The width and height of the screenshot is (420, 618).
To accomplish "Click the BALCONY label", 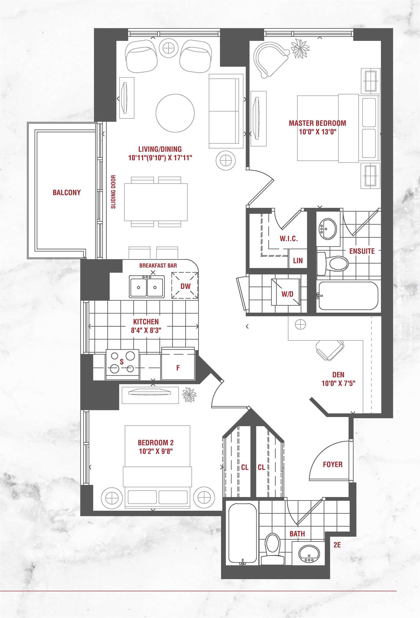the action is click(67, 192).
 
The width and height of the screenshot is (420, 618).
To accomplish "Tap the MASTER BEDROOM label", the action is click(317, 123).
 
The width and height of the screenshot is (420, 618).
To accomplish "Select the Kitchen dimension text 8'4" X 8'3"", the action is click(146, 330).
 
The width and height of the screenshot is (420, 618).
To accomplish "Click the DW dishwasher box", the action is click(185, 286).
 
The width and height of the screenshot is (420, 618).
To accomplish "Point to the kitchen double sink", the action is click(147, 286).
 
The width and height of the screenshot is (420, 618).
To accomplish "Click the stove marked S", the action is click(123, 365).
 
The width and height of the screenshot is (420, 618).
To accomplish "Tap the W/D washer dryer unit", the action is click(286, 292).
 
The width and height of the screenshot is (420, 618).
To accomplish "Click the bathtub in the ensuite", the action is click(348, 296).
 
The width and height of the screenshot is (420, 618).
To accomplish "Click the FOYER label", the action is click(333, 464).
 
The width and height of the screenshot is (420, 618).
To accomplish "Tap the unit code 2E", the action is click(337, 545).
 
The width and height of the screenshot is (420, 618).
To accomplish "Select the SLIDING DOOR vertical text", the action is click(113, 192).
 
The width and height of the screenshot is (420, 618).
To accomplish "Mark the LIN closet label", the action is click(298, 260).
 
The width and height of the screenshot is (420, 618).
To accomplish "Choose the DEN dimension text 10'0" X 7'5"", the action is click(338, 383).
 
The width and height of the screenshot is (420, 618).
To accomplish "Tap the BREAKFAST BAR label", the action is click(158, 266).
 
